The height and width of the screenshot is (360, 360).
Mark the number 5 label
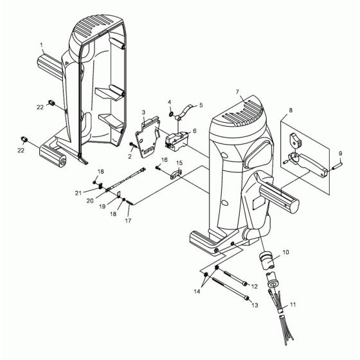pos(201,104)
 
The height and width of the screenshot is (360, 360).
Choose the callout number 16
pos(164,159)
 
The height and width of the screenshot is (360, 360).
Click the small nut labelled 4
pos(172,114)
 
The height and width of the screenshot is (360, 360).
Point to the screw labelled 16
pos(157,167)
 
